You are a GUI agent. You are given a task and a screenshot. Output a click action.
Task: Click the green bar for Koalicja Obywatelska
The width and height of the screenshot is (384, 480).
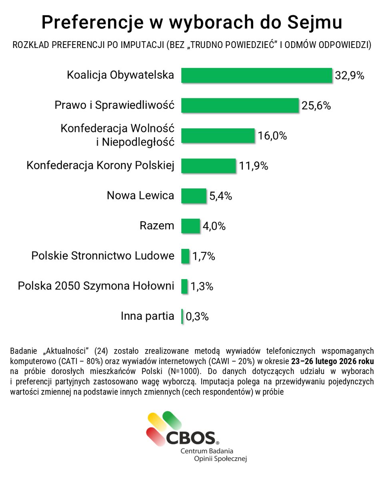tap(256, 75)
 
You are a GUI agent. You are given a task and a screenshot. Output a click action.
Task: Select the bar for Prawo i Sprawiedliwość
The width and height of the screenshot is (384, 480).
tap(240, 106)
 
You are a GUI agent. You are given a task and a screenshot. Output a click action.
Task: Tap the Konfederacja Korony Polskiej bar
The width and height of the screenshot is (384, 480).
tap(208, 166)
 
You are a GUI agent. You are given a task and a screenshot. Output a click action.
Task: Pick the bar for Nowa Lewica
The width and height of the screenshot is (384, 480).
tap(194, 196)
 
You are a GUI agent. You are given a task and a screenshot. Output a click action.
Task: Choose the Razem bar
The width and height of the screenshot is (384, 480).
tap(190, 226)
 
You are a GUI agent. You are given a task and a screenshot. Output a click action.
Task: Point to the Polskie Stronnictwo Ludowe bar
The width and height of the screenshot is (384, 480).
tap(185, 256)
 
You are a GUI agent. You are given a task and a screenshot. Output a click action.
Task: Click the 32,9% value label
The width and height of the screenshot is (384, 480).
tap(350, 76)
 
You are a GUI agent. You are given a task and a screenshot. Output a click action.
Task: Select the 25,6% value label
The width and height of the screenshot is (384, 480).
tap(316, 106)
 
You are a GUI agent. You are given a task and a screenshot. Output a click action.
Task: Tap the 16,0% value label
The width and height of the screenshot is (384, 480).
tap(272, 136)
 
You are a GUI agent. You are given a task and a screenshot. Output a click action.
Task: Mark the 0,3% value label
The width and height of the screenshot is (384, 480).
tap(197, 317)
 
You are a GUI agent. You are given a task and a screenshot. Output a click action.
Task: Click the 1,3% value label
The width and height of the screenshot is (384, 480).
tap(201, 286)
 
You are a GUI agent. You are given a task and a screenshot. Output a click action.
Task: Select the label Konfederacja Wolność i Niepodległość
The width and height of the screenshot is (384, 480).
tap(118, 135)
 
